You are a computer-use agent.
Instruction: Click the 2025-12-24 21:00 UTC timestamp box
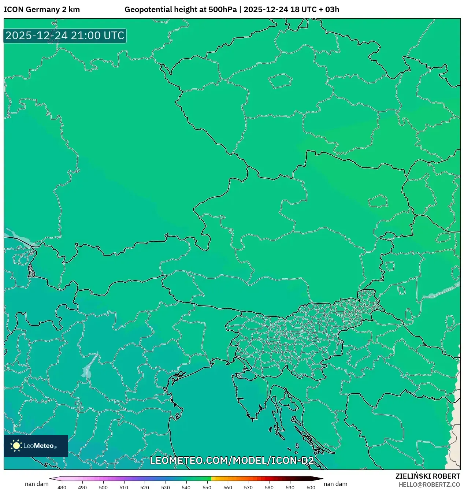(x=65, y=36)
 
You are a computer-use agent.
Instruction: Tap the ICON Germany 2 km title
(x=42, y=10)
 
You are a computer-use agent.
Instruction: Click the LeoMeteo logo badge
(x=36, y=446)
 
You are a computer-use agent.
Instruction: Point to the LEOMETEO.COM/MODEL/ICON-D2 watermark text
(x=232, y=460)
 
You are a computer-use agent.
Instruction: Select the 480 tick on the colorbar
(x=62, y=487)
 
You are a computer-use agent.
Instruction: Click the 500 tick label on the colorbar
(x=103, y=487)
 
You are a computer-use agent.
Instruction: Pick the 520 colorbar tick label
(x=145, y=487)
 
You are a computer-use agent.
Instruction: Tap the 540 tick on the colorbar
(x=186, y=487)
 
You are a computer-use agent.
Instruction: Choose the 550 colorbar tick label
(x=207, y=487)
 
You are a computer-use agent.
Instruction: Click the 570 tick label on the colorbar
(x=248, y=487)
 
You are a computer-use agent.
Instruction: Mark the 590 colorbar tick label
(x=290, y=487)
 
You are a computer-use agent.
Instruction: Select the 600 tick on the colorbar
(x=311, y=487)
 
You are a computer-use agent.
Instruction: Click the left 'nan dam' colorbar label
(x=37, y=484)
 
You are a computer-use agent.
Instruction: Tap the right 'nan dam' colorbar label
(x=335, y=484)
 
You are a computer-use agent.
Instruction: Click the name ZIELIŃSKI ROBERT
(x=427, y=476)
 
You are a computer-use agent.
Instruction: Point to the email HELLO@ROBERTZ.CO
(x=429, y=485)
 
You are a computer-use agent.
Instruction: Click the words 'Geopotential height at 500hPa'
(x=181, y=10)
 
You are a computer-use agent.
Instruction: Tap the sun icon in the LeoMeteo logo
(x=16, y=446)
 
